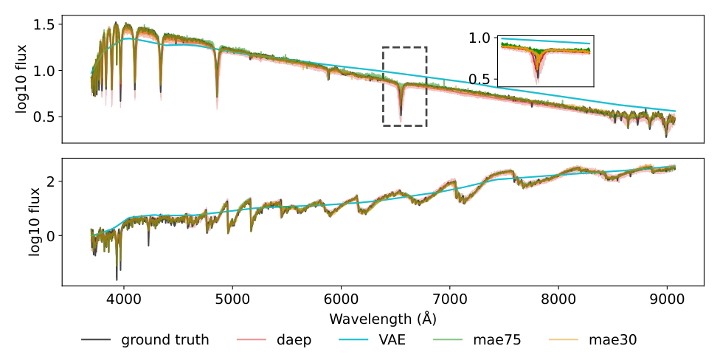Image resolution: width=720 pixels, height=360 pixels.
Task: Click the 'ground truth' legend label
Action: coord(165,340)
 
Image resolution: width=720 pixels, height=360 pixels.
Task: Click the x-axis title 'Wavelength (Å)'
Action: coord(380,319)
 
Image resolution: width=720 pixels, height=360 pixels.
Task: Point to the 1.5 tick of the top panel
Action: coord(44,24)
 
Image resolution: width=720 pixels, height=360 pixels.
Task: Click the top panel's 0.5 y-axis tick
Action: coord(44,117)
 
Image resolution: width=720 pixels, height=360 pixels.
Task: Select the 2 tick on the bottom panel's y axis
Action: coord(51,181)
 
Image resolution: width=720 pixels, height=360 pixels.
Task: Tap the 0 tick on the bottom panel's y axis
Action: coord(51,235)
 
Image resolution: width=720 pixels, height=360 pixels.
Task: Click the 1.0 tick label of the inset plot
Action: coord(480,37)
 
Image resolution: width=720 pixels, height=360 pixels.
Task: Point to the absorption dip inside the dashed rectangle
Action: coord(401,111)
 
